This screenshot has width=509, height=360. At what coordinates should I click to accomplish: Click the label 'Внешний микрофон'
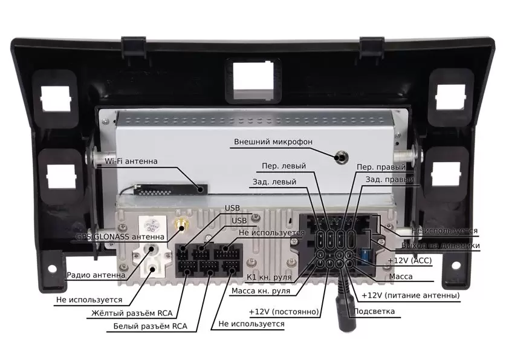coord(273,142)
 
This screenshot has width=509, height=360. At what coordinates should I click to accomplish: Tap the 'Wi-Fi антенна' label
coord(131,162)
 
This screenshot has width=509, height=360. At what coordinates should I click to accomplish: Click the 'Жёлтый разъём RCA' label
coord(131,313)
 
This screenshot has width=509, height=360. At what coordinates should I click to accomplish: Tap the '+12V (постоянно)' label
coord(284,312)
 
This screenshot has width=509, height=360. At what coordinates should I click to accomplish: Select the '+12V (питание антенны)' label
coord(410,295)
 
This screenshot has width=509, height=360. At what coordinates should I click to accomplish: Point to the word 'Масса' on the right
coord(400,277)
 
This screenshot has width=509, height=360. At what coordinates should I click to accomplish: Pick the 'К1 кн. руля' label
coord(270,278)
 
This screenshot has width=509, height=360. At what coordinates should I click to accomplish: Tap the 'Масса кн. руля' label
coord(261,291)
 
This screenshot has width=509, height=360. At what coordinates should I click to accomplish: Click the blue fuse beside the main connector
coord(366,254)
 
